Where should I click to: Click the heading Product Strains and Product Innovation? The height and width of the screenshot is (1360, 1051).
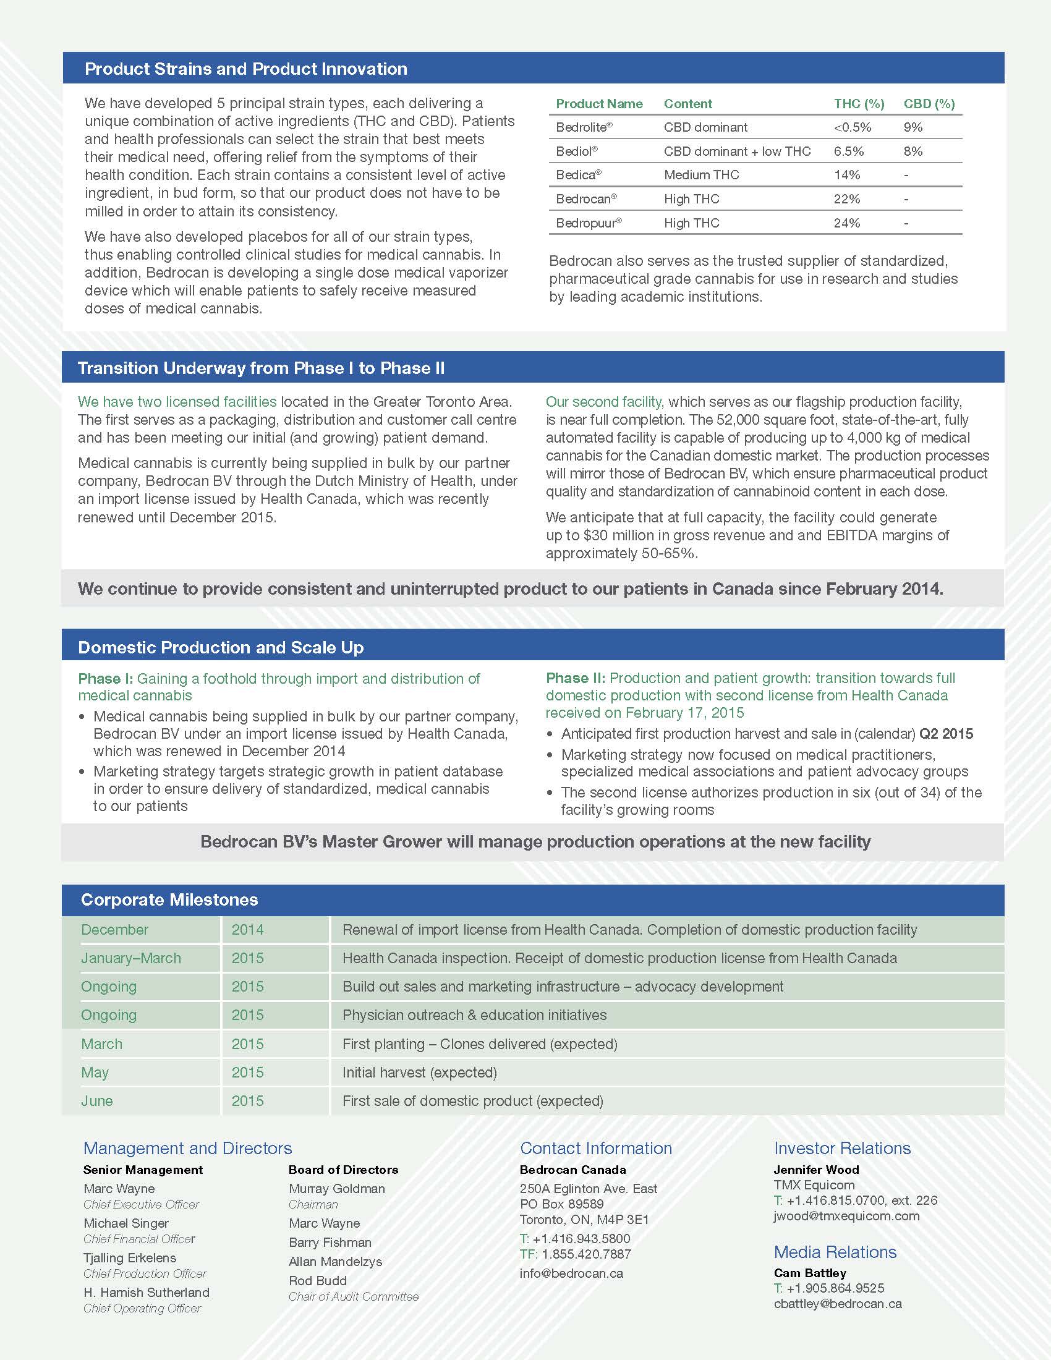[x=246, y=69]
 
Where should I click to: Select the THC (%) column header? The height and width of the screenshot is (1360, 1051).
[x=859, y=104]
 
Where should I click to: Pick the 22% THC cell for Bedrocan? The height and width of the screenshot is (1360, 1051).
[x=847, y=199]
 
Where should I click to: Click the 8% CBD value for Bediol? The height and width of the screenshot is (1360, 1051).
[x=913, y=151]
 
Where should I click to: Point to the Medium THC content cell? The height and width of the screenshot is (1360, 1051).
[x=701, y=175]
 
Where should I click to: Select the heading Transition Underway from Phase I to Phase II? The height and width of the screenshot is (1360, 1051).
[x=261, y=368]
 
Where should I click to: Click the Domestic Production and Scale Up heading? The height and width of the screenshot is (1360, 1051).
[x=221, y=648]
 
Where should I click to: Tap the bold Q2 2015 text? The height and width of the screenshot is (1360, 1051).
[x=946, y=734]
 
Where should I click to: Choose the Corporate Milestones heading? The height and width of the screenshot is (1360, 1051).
[x=169, y=900]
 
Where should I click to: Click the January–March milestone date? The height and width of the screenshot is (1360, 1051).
[x=130, y=958]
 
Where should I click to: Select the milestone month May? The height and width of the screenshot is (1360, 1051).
[x=95, y=1073]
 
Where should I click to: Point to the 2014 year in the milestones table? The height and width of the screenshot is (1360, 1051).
[x=247, y=930]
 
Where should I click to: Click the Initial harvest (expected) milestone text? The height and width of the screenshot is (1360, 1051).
[x=419, y=1073]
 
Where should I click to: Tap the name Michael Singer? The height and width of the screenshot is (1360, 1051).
[x=126, y=1223]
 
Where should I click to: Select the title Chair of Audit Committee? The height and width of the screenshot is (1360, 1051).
[x=353, y=1296]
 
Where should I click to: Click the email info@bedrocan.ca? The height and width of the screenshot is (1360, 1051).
[x=571, y=1273]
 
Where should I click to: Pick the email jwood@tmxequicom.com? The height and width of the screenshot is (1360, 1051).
[x=846, y=1215]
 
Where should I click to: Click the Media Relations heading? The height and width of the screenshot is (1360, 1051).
[x=835, y=1252]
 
